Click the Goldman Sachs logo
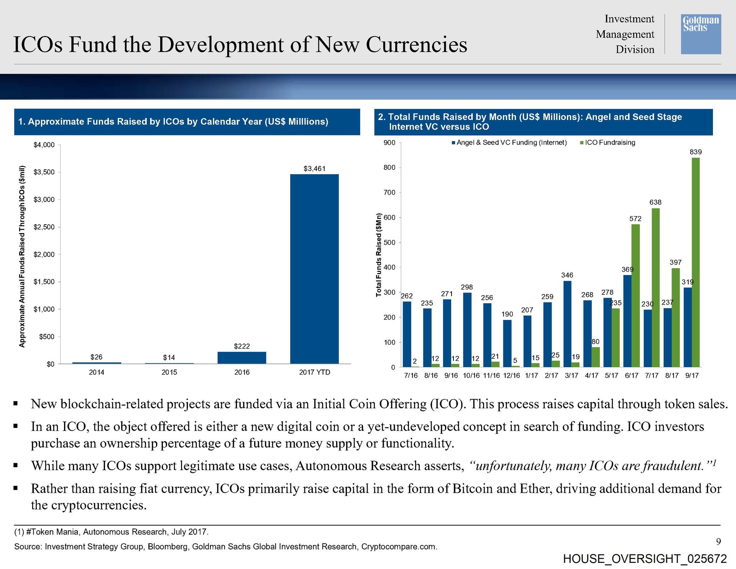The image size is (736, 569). point(700,34)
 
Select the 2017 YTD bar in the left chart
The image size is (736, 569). point(314,268)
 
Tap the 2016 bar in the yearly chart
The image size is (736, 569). point(242,357)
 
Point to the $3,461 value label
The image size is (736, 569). point(314,169)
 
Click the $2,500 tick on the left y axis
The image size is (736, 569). point(44,227)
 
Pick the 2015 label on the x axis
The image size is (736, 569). point(169,372)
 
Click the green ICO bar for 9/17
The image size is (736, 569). point(695,262)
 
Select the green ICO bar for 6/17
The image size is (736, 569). point(635,295)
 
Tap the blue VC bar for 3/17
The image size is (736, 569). point(567,324)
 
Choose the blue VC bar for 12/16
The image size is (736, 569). point(507,343)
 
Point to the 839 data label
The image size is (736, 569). point(695,152)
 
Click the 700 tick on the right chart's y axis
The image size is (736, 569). point(389,192)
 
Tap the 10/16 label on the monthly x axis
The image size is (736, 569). point(471,376)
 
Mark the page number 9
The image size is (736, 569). point(718,541)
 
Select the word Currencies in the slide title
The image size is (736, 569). point(416,44)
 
